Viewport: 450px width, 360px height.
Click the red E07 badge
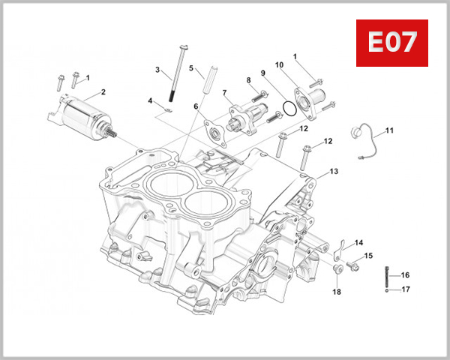tap(391, 43)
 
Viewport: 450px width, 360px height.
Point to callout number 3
tap(157, 70)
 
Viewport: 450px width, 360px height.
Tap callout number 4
tap(150, 100)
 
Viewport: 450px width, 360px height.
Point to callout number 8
tap(248, 80)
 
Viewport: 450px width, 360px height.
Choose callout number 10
tap(278, 65)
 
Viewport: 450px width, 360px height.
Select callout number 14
tap(358, 242)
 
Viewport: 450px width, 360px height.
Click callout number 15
tap(367, 256)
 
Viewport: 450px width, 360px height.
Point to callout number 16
tap(405, 275)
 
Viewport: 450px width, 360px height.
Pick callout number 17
tap(405, 289)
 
